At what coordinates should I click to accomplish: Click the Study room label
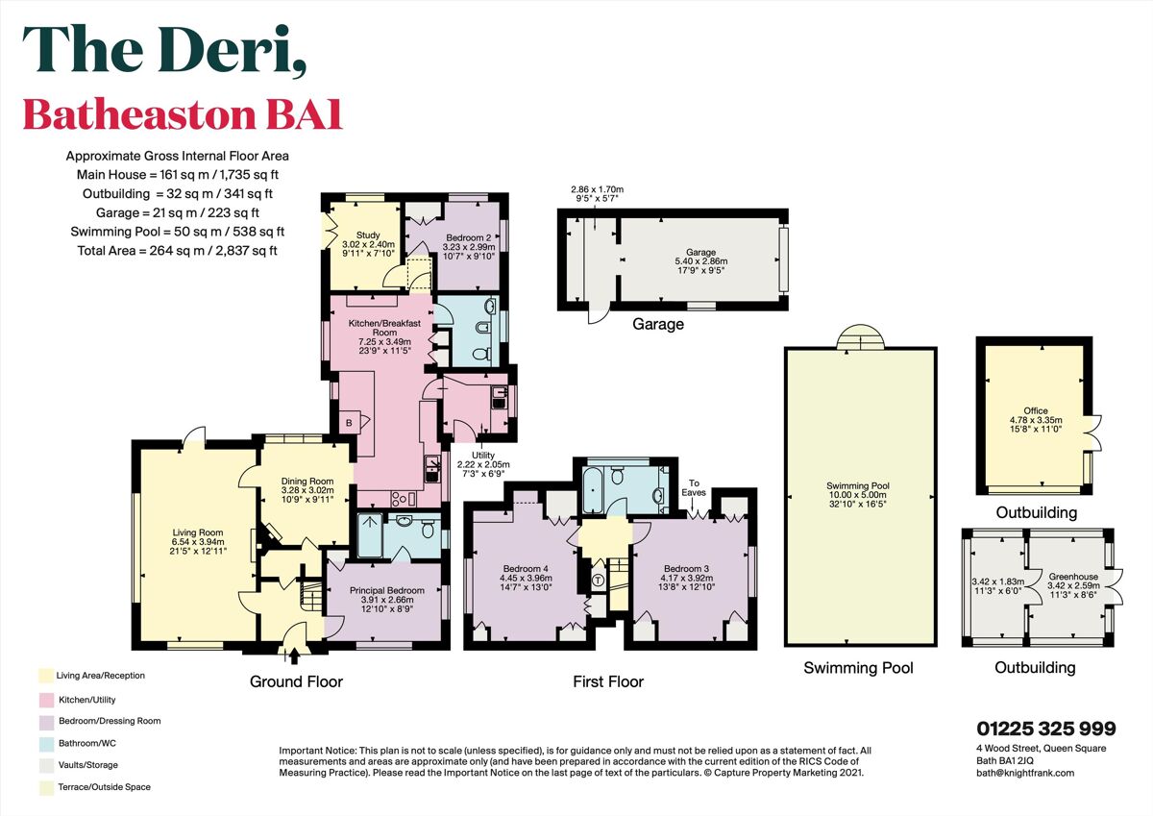click(x=369, y=235)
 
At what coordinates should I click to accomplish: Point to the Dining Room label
click(x=307, y=482)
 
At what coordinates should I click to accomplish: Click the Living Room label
click(x=197, y=532)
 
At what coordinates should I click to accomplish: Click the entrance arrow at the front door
click(x=292, y=655)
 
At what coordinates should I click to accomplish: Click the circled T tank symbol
click(x=597, y=581)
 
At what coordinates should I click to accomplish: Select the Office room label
click(x=1035, y=410)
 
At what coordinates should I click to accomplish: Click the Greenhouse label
click(x=1067, y=578)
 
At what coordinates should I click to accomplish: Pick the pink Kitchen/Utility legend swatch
click(x=44, y=698)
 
